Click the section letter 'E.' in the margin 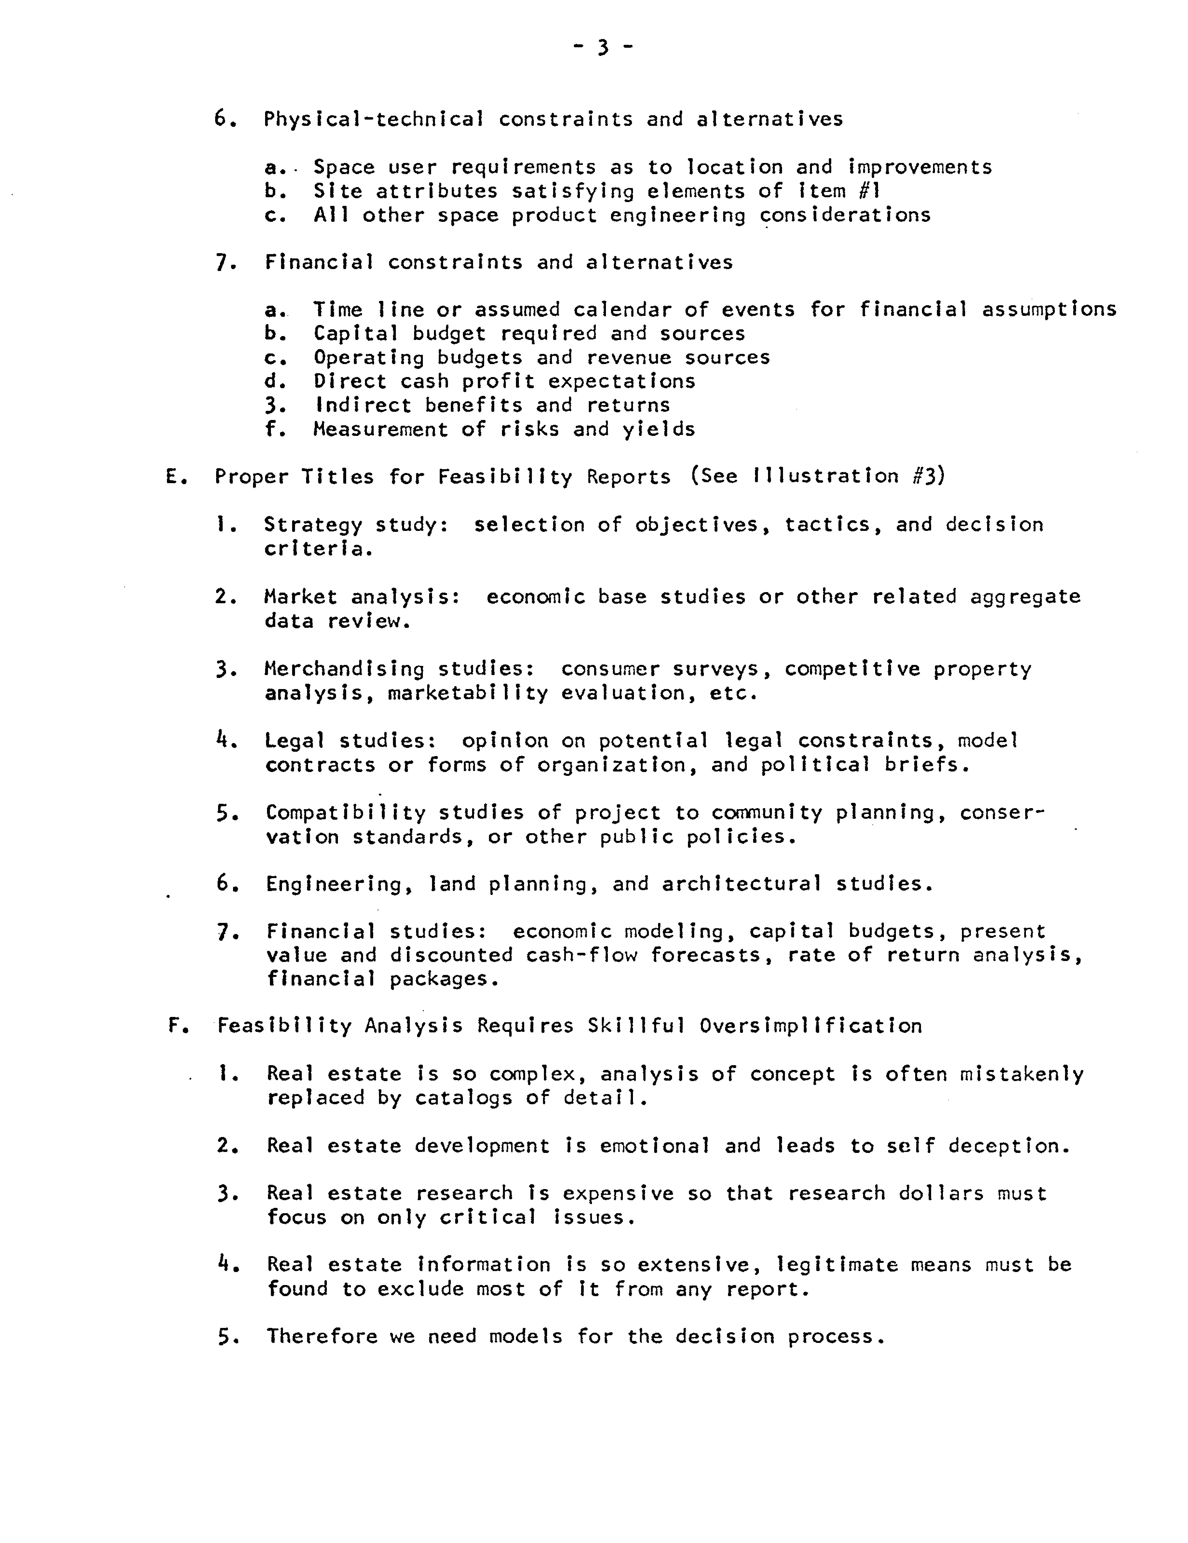click(x=175, y=477)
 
